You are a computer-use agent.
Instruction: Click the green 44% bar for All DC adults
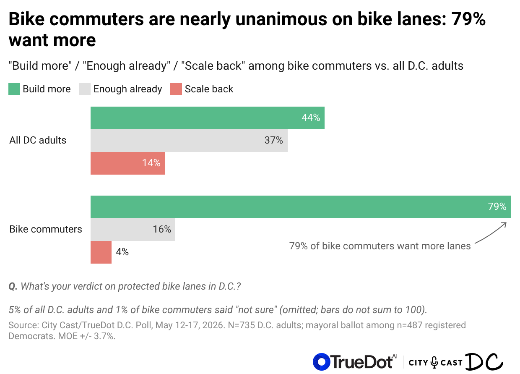point(207,118)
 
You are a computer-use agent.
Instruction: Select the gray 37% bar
point(189,141)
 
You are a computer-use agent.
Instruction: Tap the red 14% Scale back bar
point(127,163)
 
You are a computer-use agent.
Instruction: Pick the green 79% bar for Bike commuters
point(300,207)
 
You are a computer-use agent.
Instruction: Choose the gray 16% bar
point(133,230)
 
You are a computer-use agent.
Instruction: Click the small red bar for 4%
point(101,252)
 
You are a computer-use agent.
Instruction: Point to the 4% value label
point(122,252)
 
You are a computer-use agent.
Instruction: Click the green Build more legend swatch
point(14,89)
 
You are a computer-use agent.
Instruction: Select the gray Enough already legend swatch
point(85,89)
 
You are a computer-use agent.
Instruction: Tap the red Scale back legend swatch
point(176,89)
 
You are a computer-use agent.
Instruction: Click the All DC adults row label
point(38,140)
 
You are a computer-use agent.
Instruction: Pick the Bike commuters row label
point(45,229)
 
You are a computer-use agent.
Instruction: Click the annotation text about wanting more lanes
point(380,246)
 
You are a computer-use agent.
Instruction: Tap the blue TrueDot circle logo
point(321,362)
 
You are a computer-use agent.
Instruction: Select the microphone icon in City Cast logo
point(434,363)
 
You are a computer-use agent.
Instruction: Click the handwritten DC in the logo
point(484,361)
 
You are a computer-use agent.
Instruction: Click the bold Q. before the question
point(13,286)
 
